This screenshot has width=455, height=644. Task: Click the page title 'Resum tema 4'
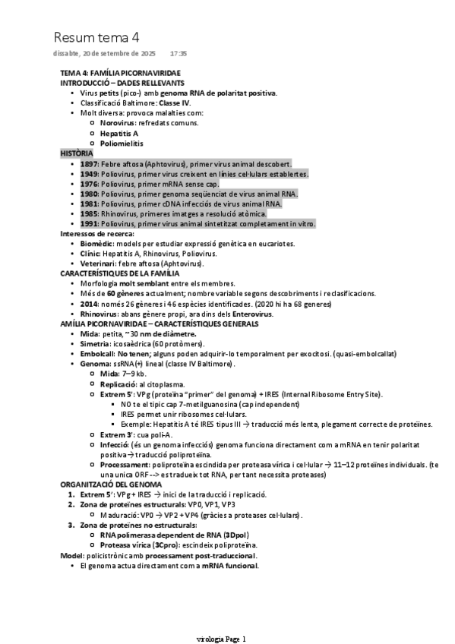96,37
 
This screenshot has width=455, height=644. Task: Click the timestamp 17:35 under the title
179,54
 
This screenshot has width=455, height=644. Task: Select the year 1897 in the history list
89,163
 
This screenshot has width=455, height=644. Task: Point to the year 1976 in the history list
89,184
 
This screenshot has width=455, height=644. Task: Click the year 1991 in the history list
89,223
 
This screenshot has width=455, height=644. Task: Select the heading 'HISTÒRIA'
76,153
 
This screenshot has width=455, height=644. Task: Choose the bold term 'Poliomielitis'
122,143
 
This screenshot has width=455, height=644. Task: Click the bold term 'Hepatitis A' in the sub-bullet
118,133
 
